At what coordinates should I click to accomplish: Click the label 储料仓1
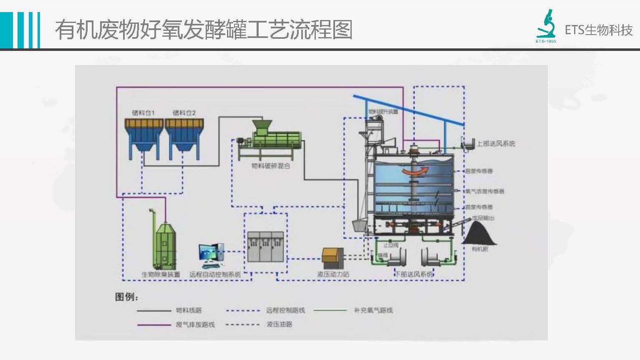(x=143, y=113)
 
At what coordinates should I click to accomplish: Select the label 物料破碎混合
(x=270, y=166)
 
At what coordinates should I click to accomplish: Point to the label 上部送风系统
(x=496, y=143)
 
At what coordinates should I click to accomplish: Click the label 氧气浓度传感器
(x=485, y=191)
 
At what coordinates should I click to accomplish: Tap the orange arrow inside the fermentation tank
(x=415, y=171)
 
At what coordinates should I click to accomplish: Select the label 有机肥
(x=479, y=249)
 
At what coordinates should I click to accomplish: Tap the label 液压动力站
(x=333, y=274)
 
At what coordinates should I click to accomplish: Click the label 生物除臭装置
(x=161, y=274)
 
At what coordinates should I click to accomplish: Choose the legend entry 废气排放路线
(x=195, y=325)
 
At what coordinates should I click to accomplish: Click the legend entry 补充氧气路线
(x=373, y=310)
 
